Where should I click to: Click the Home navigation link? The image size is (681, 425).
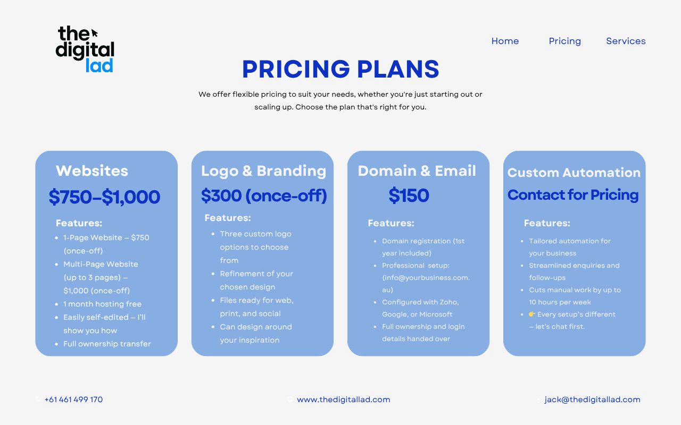[x=505, y=41]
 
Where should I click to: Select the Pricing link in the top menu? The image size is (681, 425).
[x=564, y=41]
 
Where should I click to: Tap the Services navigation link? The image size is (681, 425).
[x=626, y=41]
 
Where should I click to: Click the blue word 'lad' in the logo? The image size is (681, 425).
[x=99, y=65]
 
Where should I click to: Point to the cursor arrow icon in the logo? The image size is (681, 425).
[x=95, y=33]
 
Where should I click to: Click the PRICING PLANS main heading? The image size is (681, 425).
[x=340, y=69]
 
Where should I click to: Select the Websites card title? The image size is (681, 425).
[x=92, y=171]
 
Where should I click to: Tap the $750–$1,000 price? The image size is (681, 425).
[x=104, y=197]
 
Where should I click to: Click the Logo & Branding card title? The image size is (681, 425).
[x=263, y=171]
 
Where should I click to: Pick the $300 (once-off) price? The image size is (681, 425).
[x=264, y=195]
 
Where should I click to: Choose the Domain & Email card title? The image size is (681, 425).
[x=417, y=171]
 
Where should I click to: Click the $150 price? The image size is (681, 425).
[x=409, y=195]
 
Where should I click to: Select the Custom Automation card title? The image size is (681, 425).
[x=574, y=173]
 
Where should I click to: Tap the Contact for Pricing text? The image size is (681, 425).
[x=573, y=194]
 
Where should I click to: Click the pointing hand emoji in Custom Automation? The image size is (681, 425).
[x=532, y=314]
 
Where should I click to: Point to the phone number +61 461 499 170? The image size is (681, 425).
[x=73, y=399]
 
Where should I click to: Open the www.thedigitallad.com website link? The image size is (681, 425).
[x=344, y=399]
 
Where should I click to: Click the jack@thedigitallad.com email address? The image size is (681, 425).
[x=592, y=399]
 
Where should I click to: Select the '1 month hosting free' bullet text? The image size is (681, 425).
[x=103, y=304]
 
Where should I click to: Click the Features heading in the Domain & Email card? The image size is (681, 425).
[x=391, y=223]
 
